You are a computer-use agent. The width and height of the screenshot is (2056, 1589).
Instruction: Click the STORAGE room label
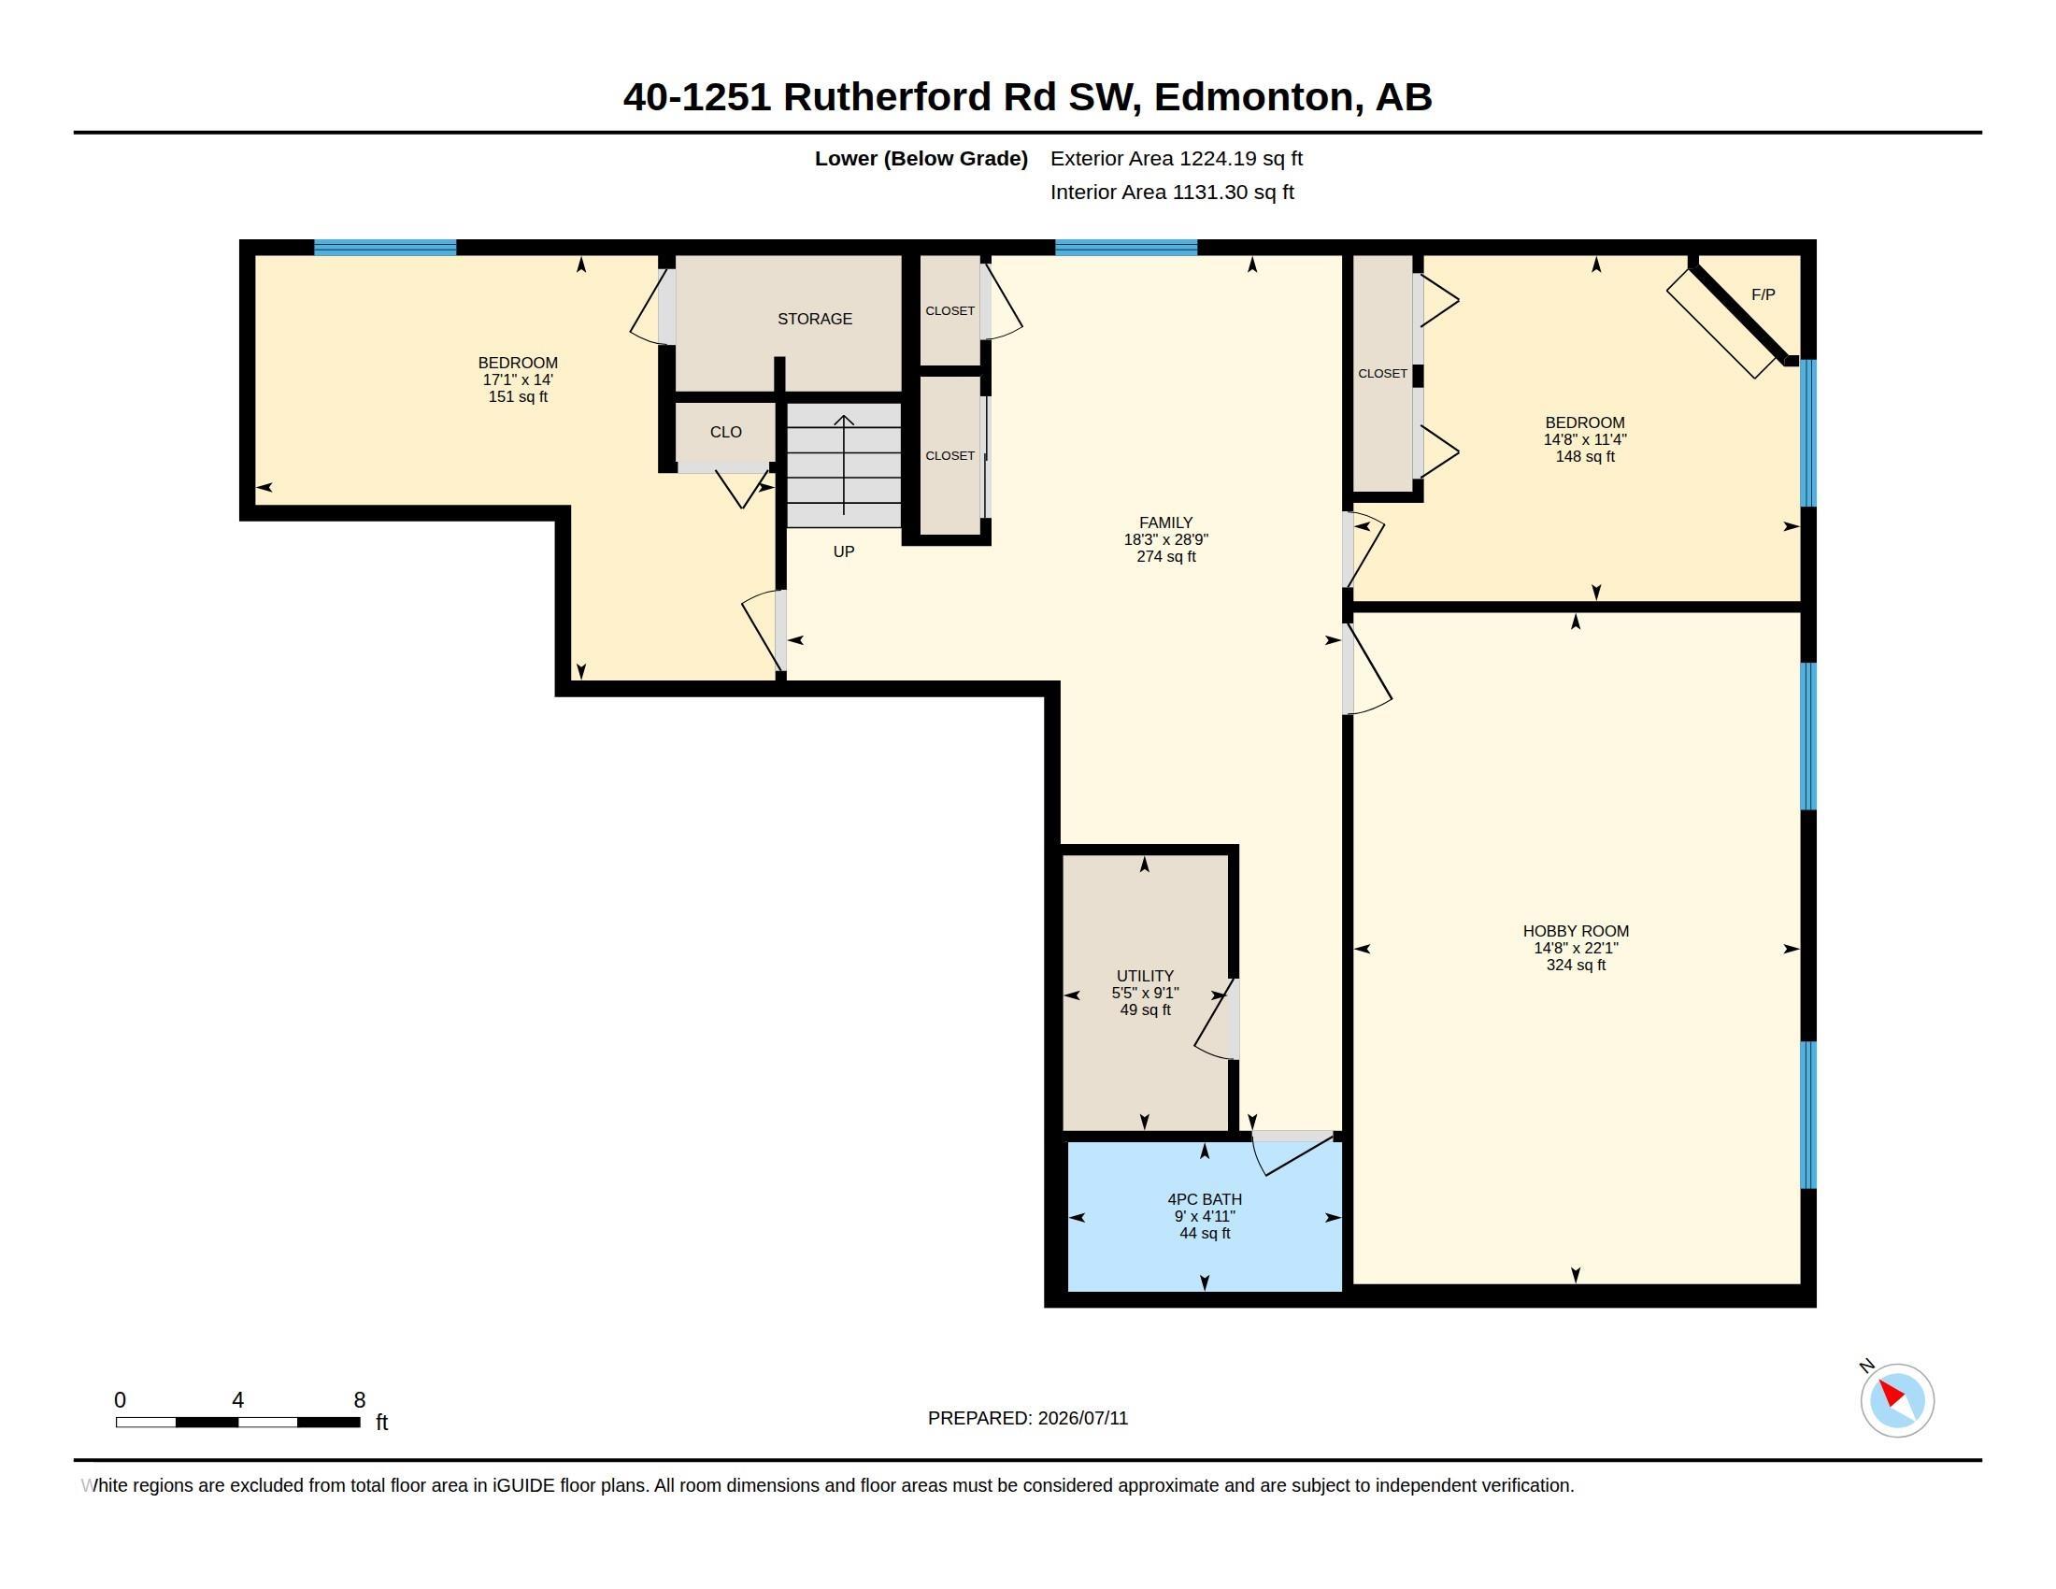(814, 319)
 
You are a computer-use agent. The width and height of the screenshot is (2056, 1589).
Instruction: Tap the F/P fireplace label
(1763, 294)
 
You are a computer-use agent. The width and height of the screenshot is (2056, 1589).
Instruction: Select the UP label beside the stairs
(844, 551)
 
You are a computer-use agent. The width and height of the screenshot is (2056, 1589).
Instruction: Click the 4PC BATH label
(1204, 1199)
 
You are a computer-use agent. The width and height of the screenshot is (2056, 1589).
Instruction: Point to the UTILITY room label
(1145, 976)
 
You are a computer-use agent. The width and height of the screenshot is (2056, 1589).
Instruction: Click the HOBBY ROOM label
(1576, 931)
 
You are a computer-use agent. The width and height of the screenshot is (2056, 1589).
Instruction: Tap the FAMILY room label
(1165, 523)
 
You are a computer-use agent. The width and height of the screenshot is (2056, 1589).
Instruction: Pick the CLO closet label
(726, 432)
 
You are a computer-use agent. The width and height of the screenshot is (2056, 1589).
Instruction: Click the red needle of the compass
(1892, 1395)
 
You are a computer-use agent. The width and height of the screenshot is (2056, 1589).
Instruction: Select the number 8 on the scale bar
(360, 1400)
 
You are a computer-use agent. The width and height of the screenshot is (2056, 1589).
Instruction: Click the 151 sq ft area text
(518, 397)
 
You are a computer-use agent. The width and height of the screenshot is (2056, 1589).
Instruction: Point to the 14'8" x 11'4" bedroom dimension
(1584, 439)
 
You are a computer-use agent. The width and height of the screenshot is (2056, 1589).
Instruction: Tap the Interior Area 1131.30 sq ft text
(1172, 192)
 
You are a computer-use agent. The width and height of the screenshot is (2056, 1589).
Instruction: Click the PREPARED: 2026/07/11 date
(1028, 1418)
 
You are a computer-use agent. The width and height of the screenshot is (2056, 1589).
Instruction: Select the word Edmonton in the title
(1253, 97)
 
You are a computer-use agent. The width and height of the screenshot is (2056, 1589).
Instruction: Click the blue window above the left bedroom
(385, 248)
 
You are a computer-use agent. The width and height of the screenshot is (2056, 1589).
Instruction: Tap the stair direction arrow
(844, 465)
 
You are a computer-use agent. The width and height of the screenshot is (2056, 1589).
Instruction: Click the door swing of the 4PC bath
(1294, 1155)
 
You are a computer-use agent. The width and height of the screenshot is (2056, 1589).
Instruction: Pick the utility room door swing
(1214, 1020)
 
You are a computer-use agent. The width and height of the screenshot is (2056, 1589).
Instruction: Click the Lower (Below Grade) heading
(921, 158)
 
